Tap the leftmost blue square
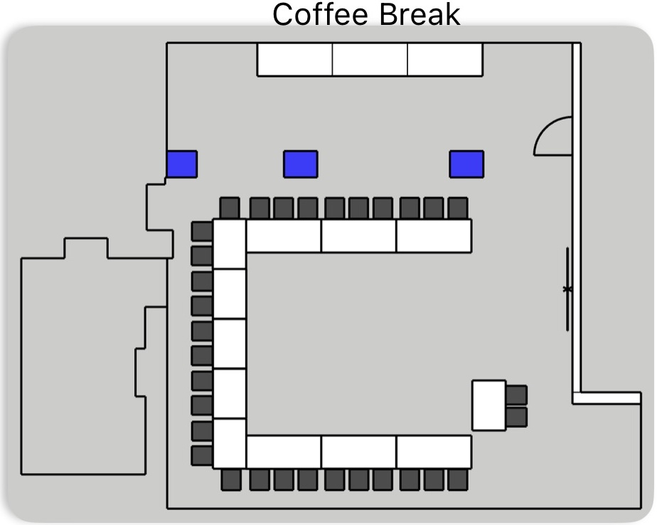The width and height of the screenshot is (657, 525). point(182,164)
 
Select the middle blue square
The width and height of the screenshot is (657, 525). point(301,164)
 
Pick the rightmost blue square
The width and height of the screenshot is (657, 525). point(466,164)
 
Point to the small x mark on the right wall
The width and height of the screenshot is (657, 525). point(567,289)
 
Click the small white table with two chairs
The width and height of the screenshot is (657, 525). point(489,405)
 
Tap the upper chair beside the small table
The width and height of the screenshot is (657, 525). point(517,395)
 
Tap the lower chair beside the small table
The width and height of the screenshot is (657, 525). point(517,417)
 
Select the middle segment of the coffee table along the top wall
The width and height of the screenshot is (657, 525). point(370,59)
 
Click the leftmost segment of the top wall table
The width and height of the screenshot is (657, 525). point(294,59)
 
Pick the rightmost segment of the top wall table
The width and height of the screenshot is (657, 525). point(445,59)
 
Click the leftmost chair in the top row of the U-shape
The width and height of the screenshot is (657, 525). point(230,208)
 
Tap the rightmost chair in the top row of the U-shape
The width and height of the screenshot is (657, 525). point(458,208)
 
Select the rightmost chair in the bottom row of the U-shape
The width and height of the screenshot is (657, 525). point(458,479)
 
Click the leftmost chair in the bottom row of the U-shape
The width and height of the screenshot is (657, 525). point(231,479)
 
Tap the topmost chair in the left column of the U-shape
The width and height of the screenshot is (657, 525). point(202,231)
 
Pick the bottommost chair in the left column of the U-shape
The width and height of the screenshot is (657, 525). point(202,455)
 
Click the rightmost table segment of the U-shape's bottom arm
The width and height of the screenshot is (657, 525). point(434,452)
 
